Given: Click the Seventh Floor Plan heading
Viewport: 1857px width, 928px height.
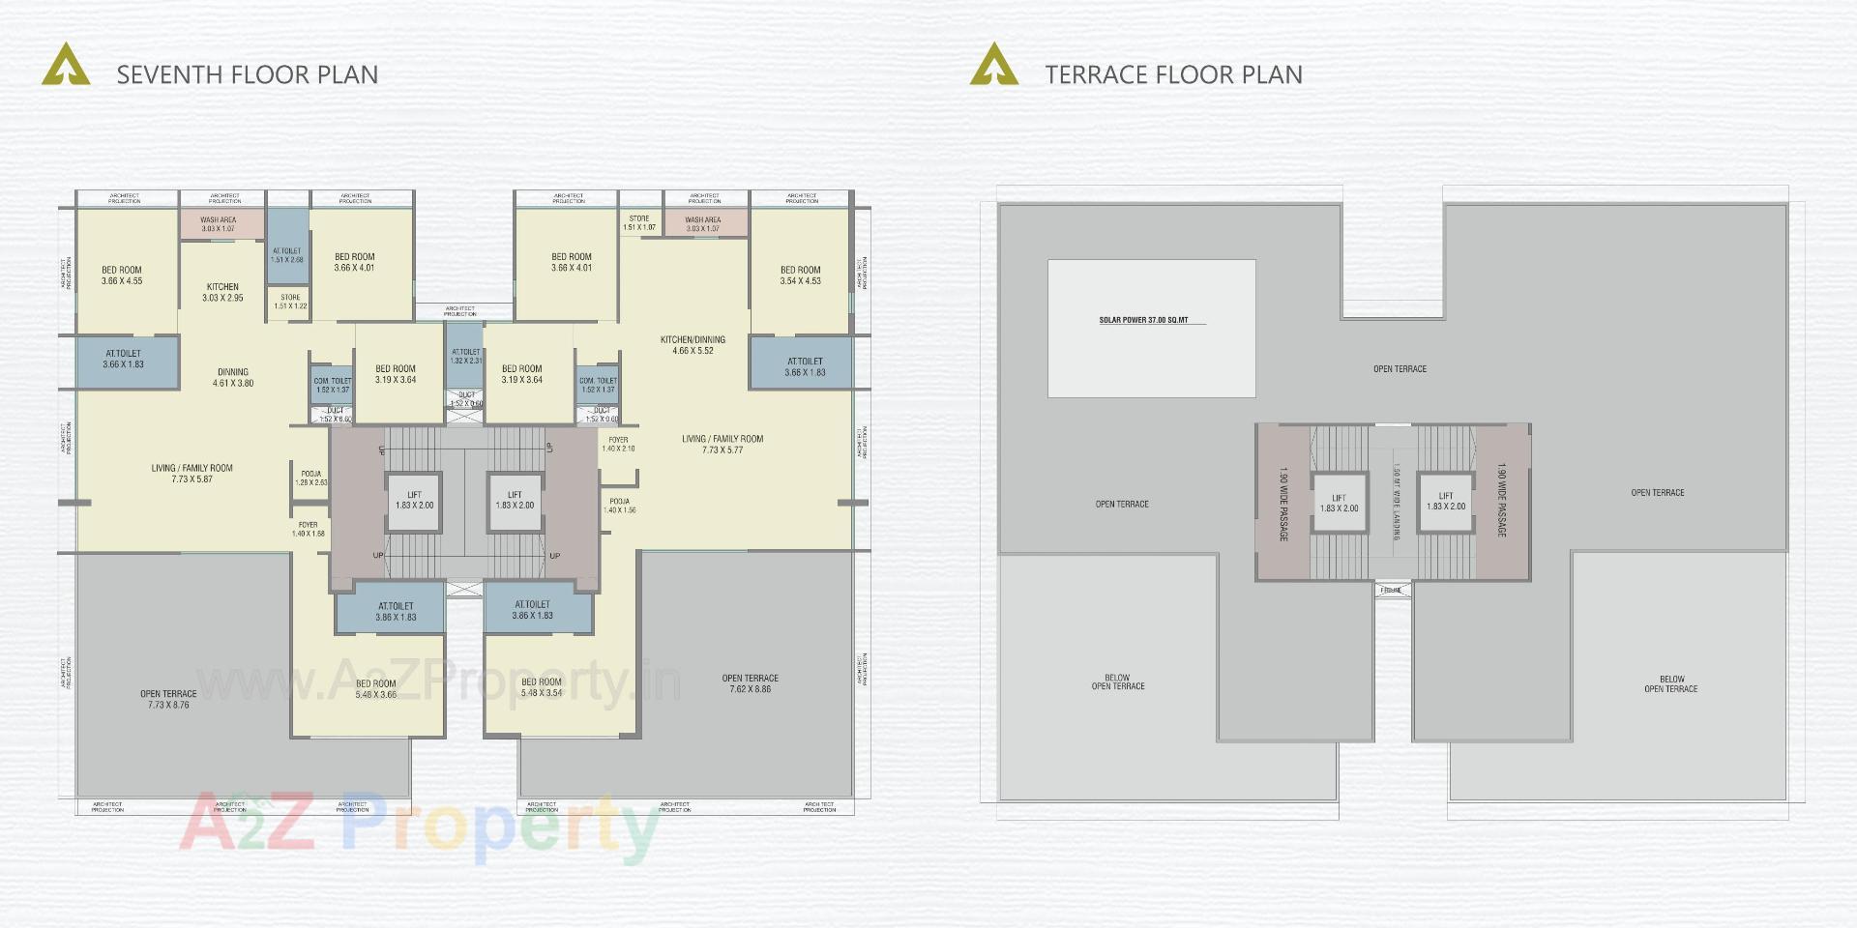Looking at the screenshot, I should tap(247, 74).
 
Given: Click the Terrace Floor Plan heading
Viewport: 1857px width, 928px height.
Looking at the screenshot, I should tap(1173, 74).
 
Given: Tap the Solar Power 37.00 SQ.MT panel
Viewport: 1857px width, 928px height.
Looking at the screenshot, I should tap(1151, 328).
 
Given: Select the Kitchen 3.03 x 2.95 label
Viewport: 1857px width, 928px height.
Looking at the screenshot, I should tap(222, 292).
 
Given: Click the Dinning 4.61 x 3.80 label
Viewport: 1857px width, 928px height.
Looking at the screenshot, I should tap(233, 377).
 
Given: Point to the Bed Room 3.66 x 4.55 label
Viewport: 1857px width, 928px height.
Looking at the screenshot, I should tap(122, 275).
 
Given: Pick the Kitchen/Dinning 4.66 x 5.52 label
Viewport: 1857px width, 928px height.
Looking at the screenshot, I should tap(693, 345).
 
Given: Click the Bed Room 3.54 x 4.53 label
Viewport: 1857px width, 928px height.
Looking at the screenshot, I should tap(801, 275).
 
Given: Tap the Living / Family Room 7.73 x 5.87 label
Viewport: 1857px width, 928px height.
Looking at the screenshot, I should tap(192, 473).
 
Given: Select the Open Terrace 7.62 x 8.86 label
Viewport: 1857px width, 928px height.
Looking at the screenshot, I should tap(750, 683).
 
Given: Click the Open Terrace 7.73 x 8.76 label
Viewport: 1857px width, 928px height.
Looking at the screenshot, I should tap(168, 699).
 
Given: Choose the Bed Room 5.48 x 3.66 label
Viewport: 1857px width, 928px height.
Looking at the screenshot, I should tap(376, 688).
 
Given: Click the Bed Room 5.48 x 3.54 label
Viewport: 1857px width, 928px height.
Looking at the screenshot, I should tap(542, 686).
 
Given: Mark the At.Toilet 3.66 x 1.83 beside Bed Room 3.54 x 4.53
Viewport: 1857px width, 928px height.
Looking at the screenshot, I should tap(805, 366).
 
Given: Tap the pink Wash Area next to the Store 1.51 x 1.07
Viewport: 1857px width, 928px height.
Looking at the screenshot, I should tap(703, 224).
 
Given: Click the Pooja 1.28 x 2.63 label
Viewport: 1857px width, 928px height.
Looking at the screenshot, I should tap(311, 478).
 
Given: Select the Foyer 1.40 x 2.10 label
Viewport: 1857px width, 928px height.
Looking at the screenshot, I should tap(618, 444).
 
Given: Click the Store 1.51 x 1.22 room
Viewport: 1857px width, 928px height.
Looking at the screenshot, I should tap(290, 302).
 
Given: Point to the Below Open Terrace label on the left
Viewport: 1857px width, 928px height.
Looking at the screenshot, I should tap(1118, 681).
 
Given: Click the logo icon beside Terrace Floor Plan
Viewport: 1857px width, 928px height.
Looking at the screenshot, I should tap(993, 65).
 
